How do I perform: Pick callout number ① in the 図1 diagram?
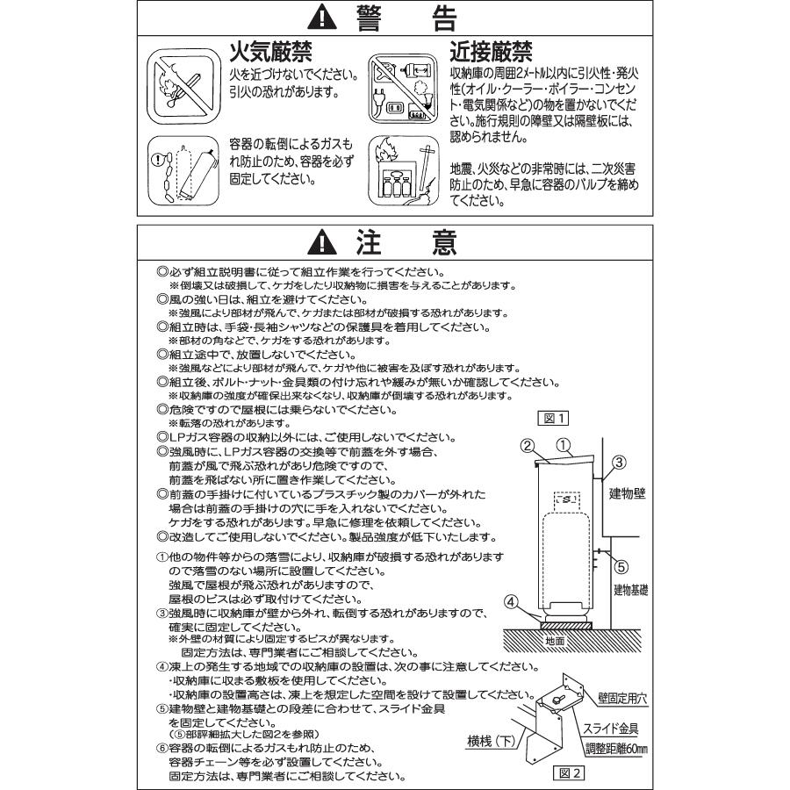click(564, 445)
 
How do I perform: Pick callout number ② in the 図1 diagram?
click(528, 446)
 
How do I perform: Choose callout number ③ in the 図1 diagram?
click(618, 462)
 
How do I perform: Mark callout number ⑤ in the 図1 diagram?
click(618, 565)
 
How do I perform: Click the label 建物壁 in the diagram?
click(628, 493)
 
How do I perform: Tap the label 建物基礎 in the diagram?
click(630, 589)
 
